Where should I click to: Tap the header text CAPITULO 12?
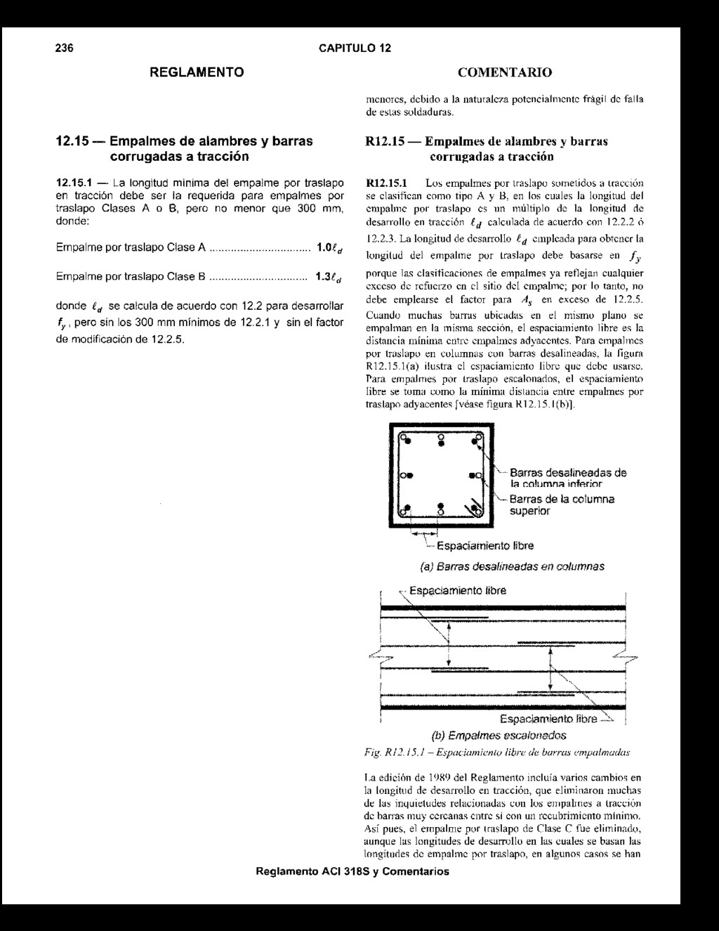pos(355,48)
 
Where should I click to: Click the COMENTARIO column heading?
pos(504,72)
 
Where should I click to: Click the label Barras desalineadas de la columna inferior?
pos(568,478)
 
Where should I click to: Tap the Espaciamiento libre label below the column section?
pos(485,546)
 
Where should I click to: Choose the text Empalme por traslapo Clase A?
pos(131,247)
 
